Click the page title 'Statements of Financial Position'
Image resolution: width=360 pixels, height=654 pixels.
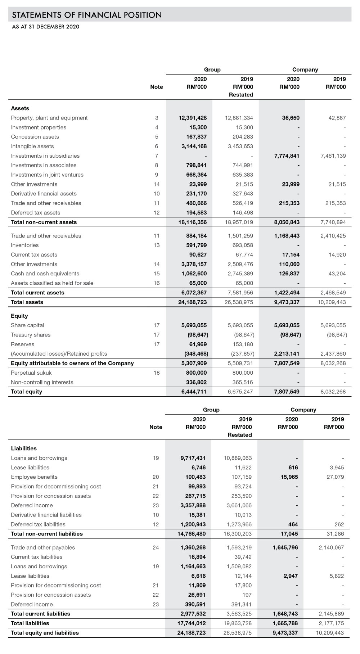87,15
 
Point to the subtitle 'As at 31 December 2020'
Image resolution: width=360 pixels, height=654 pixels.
46,27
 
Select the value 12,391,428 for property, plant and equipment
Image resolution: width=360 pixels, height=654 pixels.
193,118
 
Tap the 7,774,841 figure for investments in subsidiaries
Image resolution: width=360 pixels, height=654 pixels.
287,156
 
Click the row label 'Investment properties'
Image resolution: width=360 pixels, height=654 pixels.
39,127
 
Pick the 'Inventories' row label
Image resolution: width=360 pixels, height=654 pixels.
25,245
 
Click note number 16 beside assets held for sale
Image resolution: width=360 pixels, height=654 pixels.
157,283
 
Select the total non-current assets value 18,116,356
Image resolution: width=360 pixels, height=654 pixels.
193,222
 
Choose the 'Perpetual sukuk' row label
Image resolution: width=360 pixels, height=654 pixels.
31,373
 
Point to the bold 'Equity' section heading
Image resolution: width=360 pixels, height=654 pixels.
19,316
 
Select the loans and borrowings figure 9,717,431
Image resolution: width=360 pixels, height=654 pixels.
193,458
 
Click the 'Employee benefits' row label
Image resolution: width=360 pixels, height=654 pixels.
34,477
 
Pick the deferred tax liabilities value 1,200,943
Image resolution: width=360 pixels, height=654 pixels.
193,524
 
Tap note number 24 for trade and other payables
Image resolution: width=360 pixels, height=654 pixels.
156,547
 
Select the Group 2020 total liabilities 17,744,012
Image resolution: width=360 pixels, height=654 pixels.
192,623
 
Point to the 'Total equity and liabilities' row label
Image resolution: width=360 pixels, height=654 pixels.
45,632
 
